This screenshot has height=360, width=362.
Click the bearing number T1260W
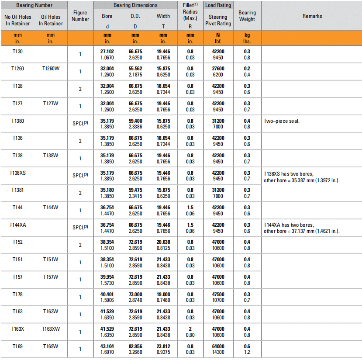pyautogui.click(x=51, y=69)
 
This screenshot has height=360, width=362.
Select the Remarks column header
pyautogui.click(x=312, y=16)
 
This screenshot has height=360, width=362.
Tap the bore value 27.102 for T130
pyautogui.click(x=107, y=52)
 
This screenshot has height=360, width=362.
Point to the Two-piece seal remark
pyautogui.click(x=281, y=121)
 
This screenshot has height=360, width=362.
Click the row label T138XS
pyautogui.click(x=17, y=173)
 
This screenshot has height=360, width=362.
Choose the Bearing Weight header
pyautogui.click(x=247, y=16)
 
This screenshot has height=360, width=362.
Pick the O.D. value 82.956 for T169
pyautogui.click(x=135, y=346)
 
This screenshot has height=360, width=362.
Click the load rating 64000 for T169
pyautogui.click(x=218, y=346)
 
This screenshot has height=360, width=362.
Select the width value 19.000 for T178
pyautogui.click(x=163, y=294)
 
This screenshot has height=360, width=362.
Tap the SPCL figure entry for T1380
pyautogui.click(x=80, y=124)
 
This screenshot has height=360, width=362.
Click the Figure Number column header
pyautogui.click(x=80, y=16)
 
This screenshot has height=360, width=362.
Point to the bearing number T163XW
pyautogui.click(x=51, y=329)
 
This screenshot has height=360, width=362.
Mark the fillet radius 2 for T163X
pyautogui.click(x=190, y=329)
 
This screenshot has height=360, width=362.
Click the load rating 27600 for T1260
pyautogui.click(x=218, y=69)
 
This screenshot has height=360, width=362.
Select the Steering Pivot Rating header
pyautogui.click(x=218, y=20)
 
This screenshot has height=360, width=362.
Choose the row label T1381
pyautogui.click(x=17, y=190)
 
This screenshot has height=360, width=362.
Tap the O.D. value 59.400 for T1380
pyautogui.click(x=135, y=121)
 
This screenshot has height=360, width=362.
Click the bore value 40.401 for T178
pyautogui.click(x=107, y=294)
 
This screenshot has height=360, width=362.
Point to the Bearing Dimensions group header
pyautogui.click(x=135, y=5)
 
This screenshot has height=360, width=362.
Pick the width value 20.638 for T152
pyautogui.click(x=163, y=242)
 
